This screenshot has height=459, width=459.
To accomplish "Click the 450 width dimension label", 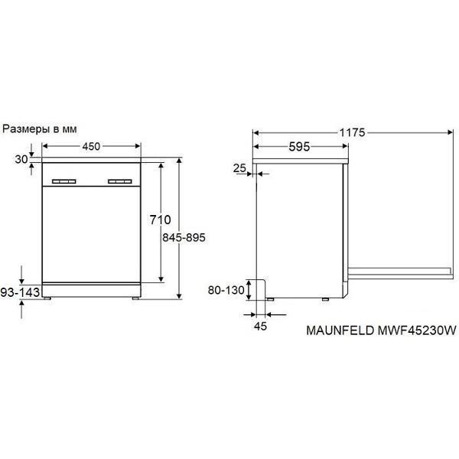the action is click(91, 146).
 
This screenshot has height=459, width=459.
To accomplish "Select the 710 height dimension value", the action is click(160, 220).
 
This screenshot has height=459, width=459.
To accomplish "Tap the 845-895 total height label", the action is click(184, 237).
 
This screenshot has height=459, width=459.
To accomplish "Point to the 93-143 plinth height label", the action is click(20, 292).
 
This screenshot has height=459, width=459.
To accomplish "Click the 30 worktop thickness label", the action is click(21, 159).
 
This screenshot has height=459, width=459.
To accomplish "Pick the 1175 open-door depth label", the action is click(352, 133).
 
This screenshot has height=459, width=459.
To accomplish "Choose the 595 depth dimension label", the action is click(299, 147).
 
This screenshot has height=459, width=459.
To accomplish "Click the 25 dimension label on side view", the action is click(239, 168).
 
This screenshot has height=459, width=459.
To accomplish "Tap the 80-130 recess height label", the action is click(226, 290).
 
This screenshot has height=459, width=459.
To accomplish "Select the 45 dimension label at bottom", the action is click(261, 326).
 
